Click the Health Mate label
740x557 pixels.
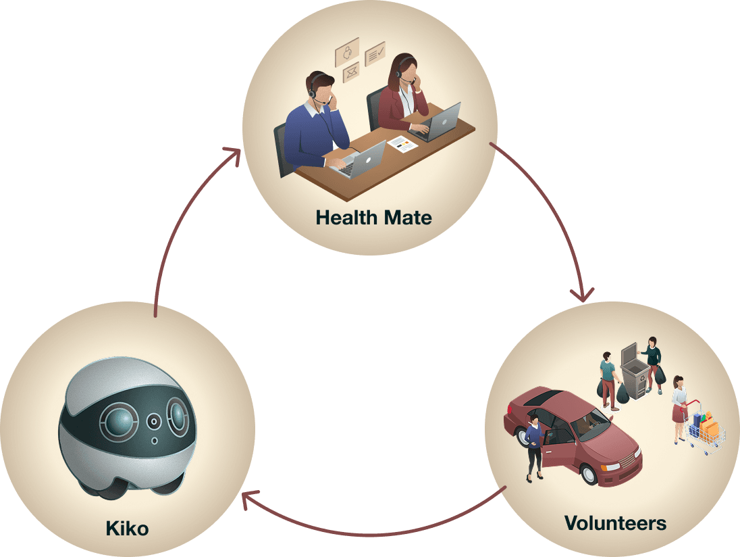tap(373, 218)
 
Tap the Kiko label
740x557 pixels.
tap(127, 527)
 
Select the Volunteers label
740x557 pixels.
tap(615, 523)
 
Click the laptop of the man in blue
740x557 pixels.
tap(365, 159)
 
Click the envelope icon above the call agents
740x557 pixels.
tap(350, 72)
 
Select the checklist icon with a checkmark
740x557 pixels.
tap(375, 54)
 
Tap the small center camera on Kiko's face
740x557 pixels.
tap(155, 421)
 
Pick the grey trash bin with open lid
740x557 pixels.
tap(633, 375)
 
